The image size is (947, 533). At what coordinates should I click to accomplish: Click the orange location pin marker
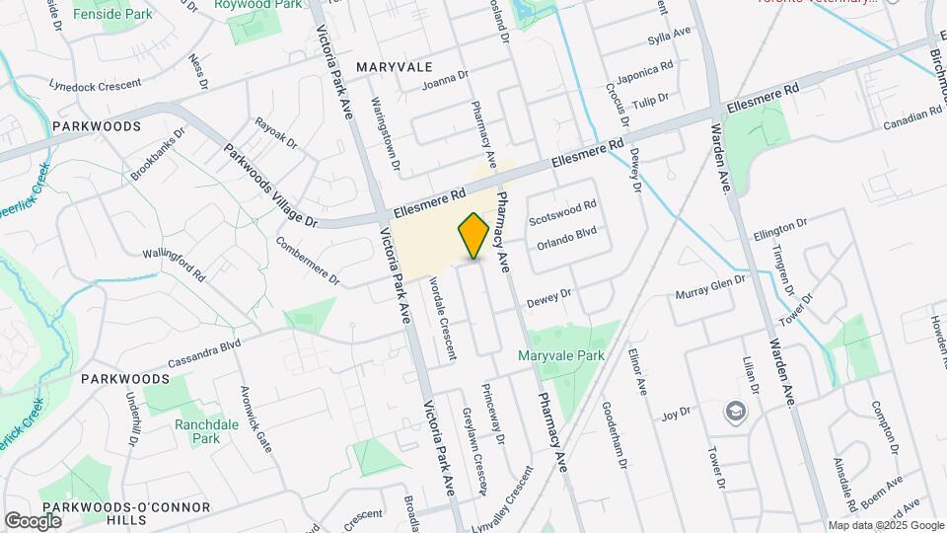click(x=473, y=235)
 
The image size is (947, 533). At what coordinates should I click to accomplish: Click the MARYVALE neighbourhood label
click(x=395, y=66)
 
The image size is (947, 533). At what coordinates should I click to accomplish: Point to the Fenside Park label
click(x=112, y=15)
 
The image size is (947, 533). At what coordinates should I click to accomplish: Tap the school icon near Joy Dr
click(x=735, y=411)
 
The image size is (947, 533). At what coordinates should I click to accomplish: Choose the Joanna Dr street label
click(x=443, y=81)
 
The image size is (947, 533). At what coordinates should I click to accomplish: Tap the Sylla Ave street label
click(x=669, y=39)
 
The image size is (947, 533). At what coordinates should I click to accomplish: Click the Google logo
click(x=33, y=520)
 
